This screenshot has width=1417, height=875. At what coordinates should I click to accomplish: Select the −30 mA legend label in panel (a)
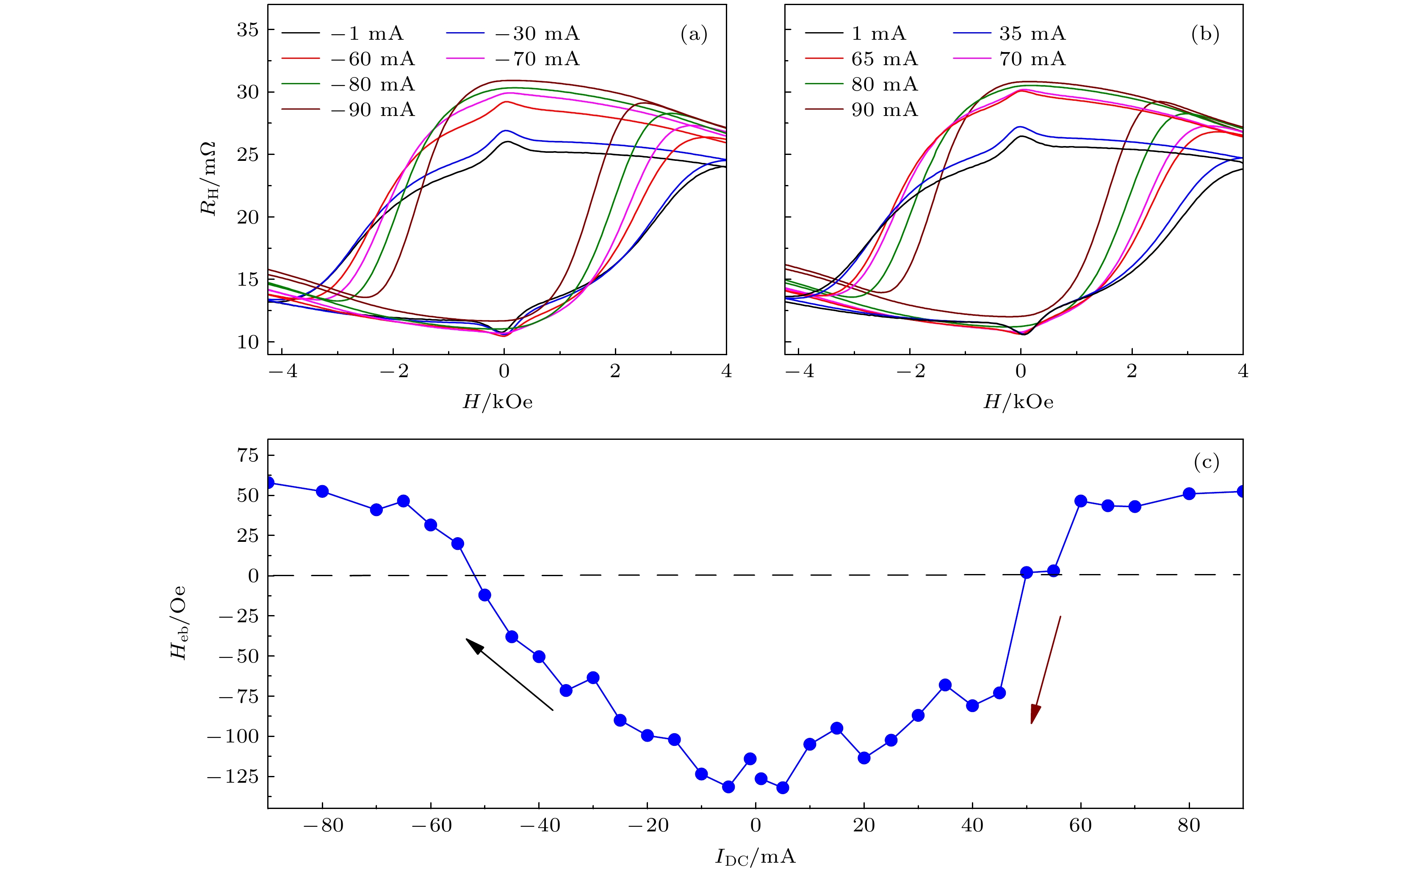click(537, 33)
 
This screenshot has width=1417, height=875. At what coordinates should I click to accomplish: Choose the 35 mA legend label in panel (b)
click(1032, 33)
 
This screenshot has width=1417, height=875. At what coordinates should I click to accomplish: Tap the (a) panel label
click(693, 35)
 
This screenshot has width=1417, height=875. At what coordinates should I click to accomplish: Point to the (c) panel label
click(1206, 462)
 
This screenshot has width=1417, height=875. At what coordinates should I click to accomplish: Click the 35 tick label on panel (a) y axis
click(247, 30)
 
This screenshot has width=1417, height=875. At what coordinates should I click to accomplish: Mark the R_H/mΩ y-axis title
click(208, 178)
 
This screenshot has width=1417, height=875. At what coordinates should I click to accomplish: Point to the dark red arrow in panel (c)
click(1045, 670)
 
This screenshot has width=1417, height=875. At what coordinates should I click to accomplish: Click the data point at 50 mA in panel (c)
click(1026, 572)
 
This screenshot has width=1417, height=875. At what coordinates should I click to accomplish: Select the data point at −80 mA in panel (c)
click(322, 491)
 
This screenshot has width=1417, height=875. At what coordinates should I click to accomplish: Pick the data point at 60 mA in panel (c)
click(1081, 501)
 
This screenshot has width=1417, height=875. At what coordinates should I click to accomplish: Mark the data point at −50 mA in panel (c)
click(485, 595)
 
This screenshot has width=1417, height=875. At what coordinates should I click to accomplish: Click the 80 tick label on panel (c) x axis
click(1188, 826)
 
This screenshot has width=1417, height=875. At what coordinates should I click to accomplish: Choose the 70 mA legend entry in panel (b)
click(1032, 59)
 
